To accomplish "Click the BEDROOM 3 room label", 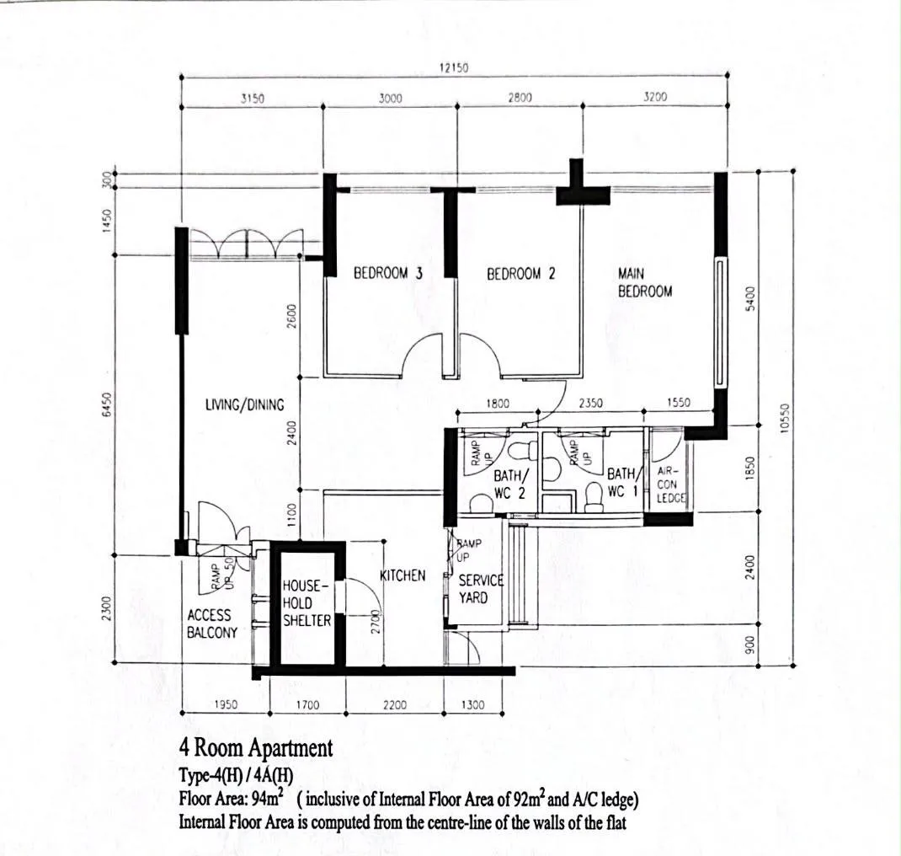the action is tap(388, 273).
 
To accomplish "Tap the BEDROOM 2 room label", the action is tap(521, 274).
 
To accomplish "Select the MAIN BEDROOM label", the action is tap(645, 282).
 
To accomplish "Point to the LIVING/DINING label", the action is tap(245, 404).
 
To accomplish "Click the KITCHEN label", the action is tap(403, 575).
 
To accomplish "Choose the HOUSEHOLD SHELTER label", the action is tap(307, 603).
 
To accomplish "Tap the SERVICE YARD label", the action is tap(481, 589).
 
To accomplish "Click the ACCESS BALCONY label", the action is tap(212, 623).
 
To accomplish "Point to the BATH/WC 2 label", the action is tap(509, 484).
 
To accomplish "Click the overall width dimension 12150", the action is tap(454, 67).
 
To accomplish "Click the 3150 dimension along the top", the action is tap(253, 99).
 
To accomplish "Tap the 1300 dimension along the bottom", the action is tap(473, 704).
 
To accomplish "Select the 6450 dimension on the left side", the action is tap(106, 405).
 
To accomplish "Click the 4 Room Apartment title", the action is tap(256, 748).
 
